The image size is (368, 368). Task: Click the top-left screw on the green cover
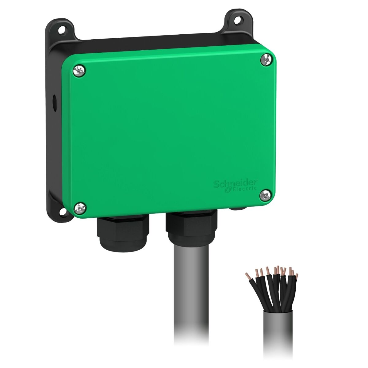point(79,71)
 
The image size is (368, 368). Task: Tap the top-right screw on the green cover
point(265,60)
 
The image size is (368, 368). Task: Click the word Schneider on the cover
point(235,184)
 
